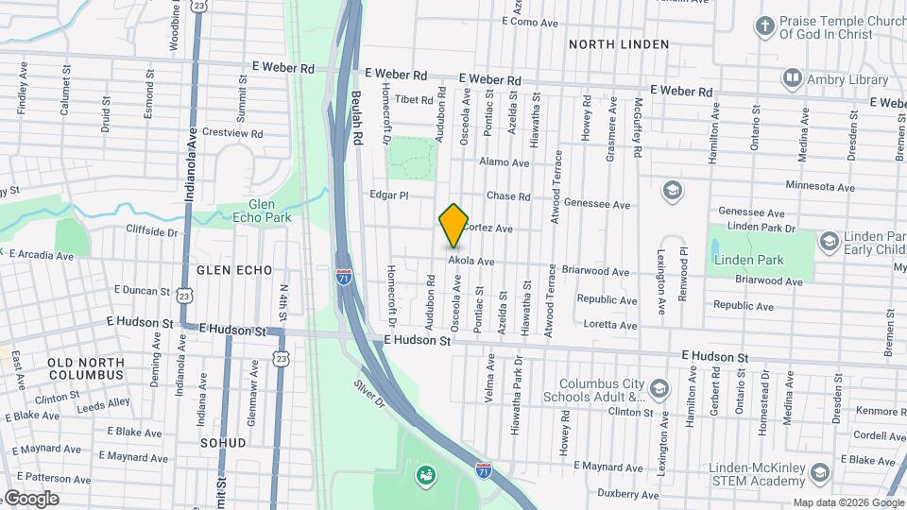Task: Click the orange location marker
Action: pyautogui.click(x=453, y=225)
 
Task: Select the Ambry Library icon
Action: pyautogui.click(x=792, y=78)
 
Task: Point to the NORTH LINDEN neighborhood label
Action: pyautogui.click(x=619, y=44)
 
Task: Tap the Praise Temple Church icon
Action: pyautogui.click(x=763, y=25)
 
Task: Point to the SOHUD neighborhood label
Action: pyautogui.click(x=223, y=442)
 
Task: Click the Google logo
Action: pyautogui.click(x=30, y=499)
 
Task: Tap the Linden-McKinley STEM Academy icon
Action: pyautogui.click(x=820, y=472)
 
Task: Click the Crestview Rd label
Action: pyautogui.click(x=232, y=133)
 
